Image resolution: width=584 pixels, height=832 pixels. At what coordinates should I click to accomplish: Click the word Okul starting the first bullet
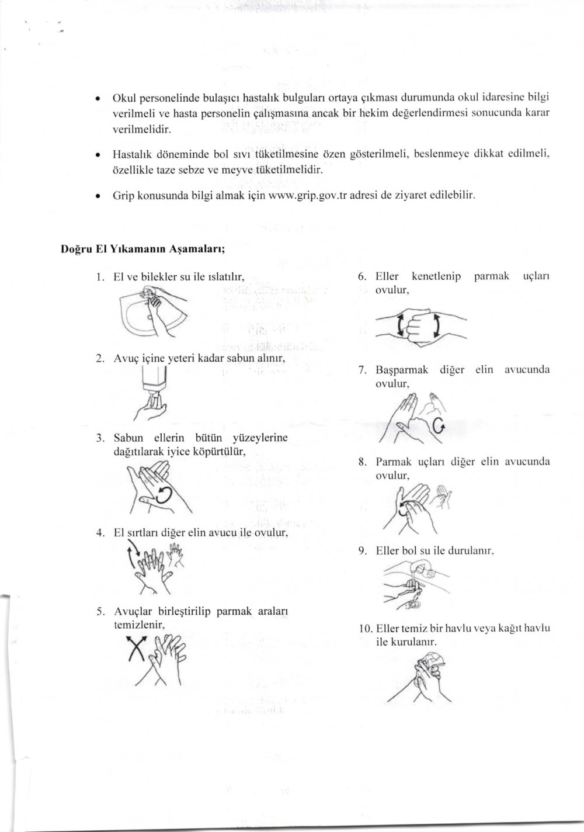[123, 96]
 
